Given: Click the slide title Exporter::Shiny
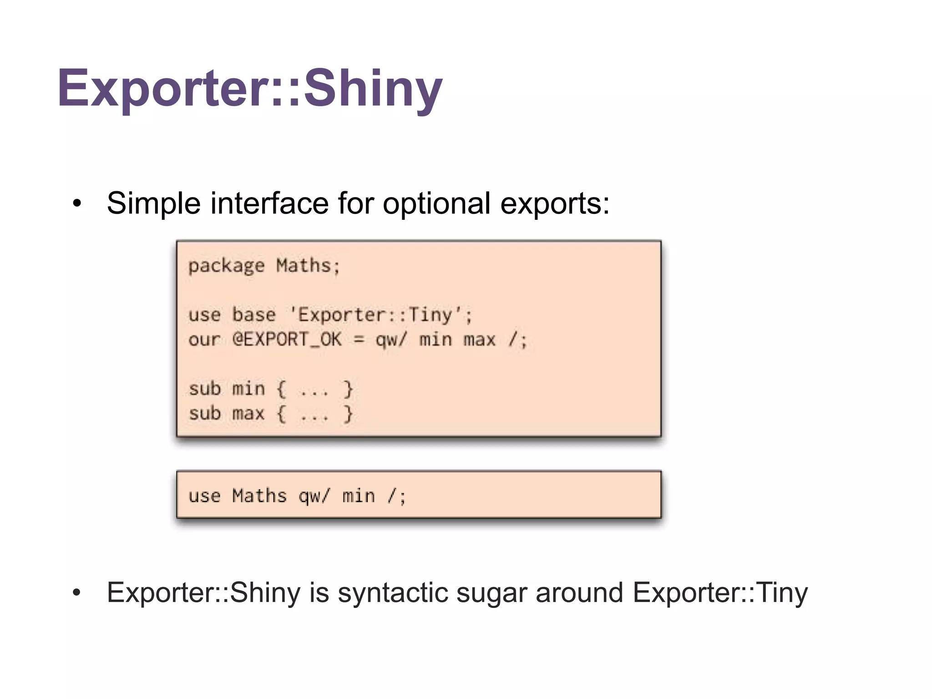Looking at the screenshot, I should click(249, 88).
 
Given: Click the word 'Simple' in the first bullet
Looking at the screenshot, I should click(153, 203).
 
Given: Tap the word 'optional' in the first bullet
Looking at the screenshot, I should click(436, 203).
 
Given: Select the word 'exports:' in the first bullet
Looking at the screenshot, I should click(555, 203).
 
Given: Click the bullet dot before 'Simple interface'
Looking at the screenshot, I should click(77, 204).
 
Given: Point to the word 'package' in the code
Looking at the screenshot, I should click(226, 266).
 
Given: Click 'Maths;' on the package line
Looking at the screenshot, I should click(308, 266).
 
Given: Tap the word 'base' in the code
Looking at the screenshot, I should click(253, 315).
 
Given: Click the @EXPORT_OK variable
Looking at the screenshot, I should click(287, 339).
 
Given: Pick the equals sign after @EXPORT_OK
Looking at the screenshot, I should click(359, 339).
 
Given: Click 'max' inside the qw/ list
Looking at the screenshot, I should click(479, 339).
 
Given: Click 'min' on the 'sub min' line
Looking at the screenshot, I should click(248, 389).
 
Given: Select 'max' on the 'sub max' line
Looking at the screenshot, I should click(248, 414).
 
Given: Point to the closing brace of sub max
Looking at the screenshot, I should click(348, 414).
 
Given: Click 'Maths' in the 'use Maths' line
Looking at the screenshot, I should click(259, 496).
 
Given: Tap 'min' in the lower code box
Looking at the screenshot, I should click(359, 496).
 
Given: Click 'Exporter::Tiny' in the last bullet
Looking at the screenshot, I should click(720, 593).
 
